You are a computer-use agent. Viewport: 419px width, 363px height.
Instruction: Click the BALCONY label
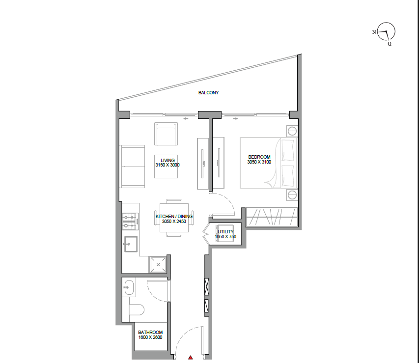(208, 93)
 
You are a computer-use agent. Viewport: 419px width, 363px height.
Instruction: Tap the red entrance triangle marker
(190, 358)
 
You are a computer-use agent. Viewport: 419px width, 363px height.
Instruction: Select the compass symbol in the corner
(386, 31)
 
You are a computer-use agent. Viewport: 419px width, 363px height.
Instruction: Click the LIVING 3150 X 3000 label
(168, 163)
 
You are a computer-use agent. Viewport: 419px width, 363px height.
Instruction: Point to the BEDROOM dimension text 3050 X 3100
(259, 162)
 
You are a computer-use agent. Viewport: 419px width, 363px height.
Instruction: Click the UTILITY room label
(225, 231)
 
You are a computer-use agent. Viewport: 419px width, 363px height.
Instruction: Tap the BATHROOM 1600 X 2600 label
(150, 335)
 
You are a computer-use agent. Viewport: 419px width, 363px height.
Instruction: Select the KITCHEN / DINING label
(174, 216)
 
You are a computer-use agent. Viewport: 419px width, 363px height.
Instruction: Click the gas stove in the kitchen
(131, 222)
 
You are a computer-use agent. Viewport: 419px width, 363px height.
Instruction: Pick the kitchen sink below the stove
(131, 244)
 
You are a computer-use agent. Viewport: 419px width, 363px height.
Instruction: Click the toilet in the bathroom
(137, 310)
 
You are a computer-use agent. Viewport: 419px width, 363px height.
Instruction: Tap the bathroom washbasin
(129, 288)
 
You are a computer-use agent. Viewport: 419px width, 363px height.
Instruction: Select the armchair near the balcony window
(166, 134)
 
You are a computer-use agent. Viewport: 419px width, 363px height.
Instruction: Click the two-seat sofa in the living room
(132, 167)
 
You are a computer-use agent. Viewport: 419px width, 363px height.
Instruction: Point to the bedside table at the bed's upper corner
(292, 131)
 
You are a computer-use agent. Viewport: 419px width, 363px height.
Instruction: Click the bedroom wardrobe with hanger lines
(272, 217)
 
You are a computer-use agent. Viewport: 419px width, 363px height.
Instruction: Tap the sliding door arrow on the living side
(186, 118)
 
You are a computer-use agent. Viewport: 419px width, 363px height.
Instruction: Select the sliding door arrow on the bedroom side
(235, 118)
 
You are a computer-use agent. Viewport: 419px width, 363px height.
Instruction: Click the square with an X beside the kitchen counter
(158, 265)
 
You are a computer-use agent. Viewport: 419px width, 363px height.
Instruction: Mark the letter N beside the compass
(374, 32)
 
